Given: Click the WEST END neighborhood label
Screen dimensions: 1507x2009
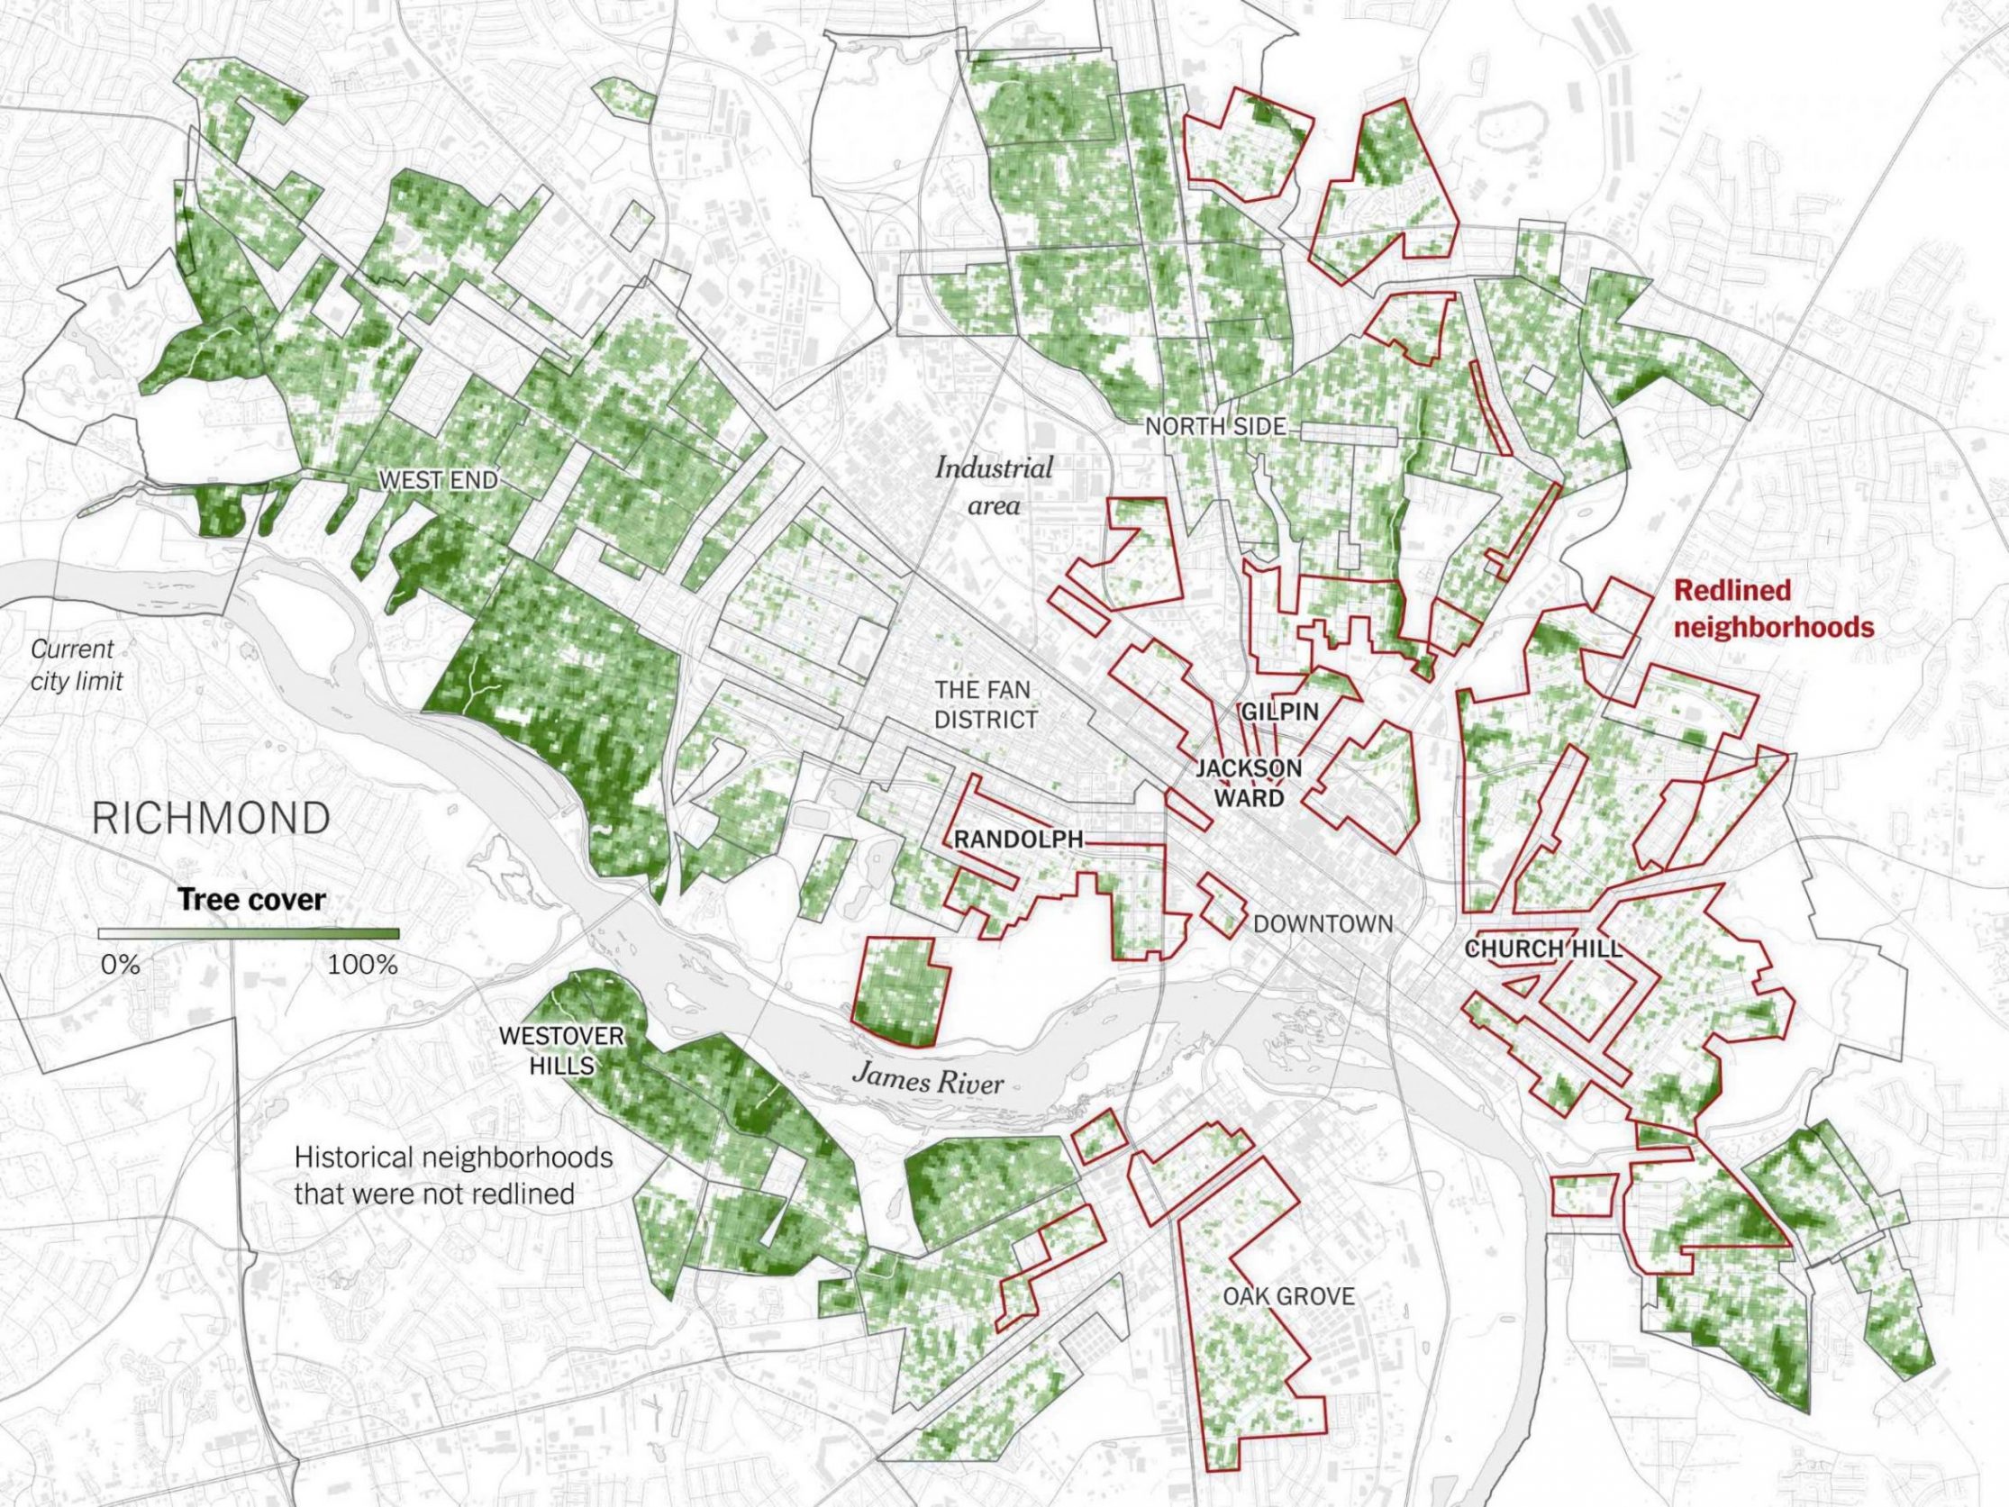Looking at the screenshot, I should pos(439,479).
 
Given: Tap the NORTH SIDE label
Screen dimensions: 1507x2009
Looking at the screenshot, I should pos(1215,426).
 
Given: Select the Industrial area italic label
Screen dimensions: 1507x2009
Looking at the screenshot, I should pos(994,487).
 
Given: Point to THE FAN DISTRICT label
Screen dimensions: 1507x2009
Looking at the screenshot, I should pos(986,706).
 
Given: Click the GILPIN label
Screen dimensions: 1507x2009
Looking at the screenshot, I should pos(1277,712).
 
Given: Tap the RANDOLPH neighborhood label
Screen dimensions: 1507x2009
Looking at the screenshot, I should pos(1018,840).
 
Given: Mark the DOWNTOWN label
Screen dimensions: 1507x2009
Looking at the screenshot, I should pos(1323,924).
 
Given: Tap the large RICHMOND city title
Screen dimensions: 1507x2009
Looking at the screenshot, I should pos(211,820).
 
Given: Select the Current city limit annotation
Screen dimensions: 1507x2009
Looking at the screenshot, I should pos(77,665).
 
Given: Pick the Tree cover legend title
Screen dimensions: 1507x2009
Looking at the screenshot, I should pos(251,900).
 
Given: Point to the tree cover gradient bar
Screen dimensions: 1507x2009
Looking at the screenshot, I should pos(249,934).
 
